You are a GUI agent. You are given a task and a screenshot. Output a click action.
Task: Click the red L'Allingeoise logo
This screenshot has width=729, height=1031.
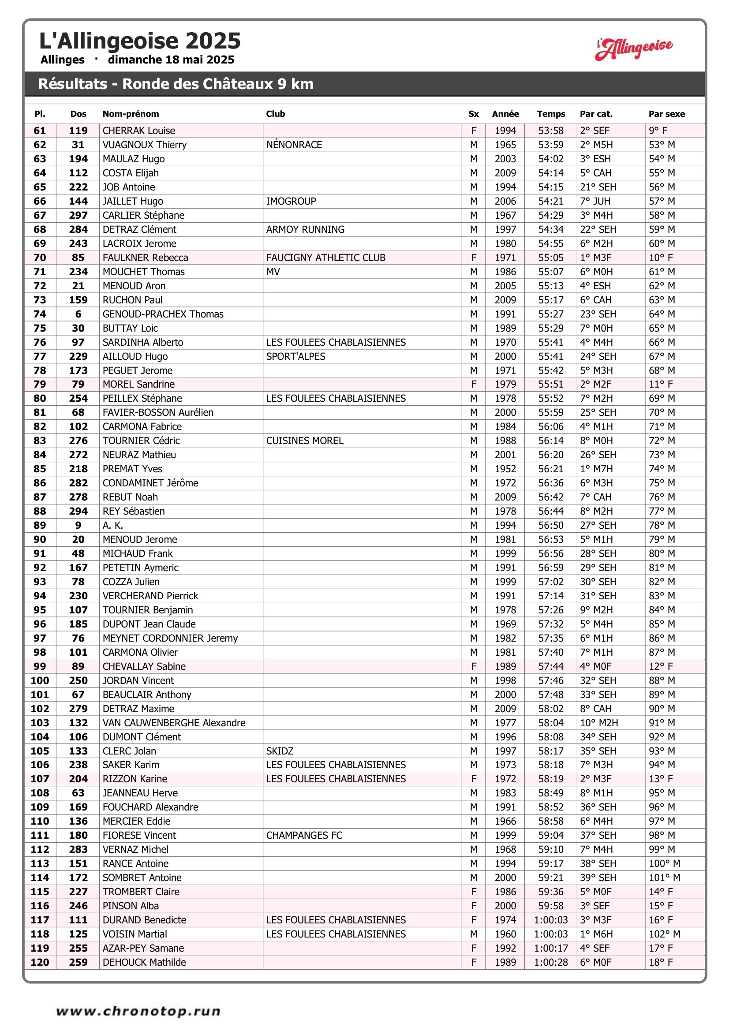coord(634,49)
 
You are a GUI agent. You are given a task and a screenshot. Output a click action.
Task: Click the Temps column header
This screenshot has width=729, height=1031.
coord(551,114)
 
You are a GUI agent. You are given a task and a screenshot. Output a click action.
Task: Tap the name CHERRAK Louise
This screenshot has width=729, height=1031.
coord(139,131)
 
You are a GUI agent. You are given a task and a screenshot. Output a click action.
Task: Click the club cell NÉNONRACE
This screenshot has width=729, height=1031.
coord(294,145)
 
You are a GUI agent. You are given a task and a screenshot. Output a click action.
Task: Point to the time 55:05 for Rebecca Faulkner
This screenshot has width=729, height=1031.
coord(551,258)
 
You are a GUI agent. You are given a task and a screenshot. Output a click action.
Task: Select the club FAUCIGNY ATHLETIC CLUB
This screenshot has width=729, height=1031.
coord(325,258)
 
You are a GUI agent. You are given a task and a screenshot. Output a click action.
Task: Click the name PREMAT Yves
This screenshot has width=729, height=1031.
coord(132,469)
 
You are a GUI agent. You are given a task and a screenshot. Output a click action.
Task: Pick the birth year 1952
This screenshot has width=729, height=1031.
coord(505,469)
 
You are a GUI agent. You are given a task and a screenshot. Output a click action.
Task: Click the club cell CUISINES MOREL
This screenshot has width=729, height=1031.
coord(305,441)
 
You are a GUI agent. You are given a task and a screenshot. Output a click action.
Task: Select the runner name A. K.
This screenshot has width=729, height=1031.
coord(113,525)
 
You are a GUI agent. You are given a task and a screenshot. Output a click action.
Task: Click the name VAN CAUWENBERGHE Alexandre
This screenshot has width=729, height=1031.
coord(174,722)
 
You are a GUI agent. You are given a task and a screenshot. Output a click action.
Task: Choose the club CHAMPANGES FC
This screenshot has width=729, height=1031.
coord(304,835)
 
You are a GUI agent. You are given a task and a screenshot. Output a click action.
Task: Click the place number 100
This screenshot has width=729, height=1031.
coord(40,680)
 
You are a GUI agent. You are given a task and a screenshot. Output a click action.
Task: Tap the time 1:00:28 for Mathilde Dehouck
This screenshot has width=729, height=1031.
coord(551,962)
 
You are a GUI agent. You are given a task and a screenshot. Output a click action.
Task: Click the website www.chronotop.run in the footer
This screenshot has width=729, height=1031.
coord(138,1011)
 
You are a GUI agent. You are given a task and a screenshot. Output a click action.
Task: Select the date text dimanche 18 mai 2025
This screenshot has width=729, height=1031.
coord(171,60)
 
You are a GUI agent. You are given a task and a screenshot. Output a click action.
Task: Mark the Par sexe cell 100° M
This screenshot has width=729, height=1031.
coord(664,863)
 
